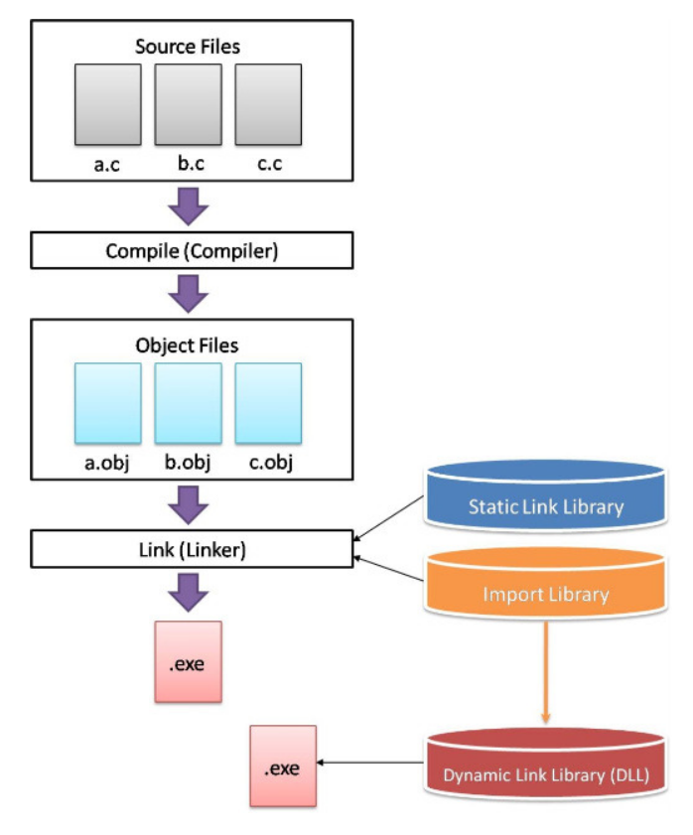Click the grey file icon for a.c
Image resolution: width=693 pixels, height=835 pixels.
(107, 105)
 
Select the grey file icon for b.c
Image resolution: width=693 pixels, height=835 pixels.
(188, 105)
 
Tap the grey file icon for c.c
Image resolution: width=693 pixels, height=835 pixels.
(268, 105)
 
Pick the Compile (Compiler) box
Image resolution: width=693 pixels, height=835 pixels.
(193, 250)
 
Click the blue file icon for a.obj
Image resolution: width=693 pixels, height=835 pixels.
(107, 402)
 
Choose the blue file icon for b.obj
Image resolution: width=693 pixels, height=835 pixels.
(188, 402)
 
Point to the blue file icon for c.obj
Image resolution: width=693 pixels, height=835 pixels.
(268, 402)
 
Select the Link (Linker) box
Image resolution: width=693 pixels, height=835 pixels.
(193, 548)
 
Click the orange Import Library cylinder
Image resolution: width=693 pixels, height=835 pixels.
(545, 590)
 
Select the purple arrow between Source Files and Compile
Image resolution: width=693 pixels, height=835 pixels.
(188, 206)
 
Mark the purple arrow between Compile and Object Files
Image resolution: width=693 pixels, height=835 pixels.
(188, 293)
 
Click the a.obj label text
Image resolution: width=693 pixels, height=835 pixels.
(107, 464)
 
